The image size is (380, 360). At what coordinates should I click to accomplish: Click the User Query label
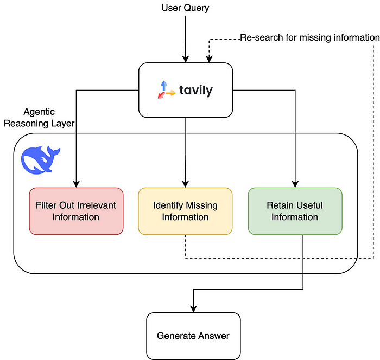(x=185, y=8)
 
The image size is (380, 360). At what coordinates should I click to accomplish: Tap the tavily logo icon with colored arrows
(x=166, y=89)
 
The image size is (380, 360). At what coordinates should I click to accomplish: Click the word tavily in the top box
(x=195, y=91)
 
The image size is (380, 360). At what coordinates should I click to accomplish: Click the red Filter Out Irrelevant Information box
(x=76, y=211)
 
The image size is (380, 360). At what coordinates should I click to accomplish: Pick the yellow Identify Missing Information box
(x=185, y=211)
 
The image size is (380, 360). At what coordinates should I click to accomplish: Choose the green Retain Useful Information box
(x=295, y=211)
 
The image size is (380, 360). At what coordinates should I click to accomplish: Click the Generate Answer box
(x=193, y=336)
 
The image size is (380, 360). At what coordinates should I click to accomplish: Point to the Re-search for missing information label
(x=309, y=37)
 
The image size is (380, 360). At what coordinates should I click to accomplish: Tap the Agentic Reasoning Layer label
(x=39, y=118)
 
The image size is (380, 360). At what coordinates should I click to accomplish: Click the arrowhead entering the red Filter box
(x=76, y=184)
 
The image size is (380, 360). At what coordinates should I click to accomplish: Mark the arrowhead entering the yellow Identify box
(x=185, y=184)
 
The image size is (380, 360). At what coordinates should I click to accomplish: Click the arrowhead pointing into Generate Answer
(x=193, y=308)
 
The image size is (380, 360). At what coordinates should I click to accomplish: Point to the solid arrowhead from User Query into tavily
(x=185, y=59)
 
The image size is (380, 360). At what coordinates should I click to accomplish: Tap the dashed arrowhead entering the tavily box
(x=209, y=59)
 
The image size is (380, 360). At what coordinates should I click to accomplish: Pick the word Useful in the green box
(x=311, y=205)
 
